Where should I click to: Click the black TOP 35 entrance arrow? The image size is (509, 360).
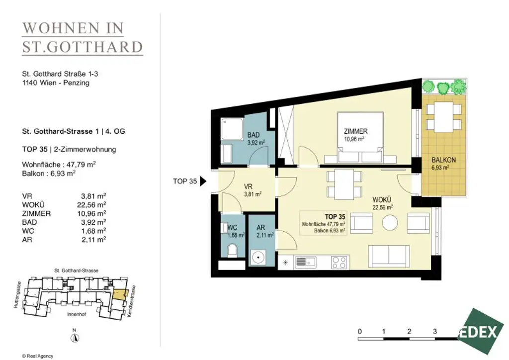pyautogui.click(x=203, y=181)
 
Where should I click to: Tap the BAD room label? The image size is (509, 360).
pyautogui.click(x=254, y=135)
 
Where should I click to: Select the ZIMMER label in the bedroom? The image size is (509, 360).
pyautogui.click(x=356, y=131)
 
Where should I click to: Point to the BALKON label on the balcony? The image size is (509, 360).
pyautogui.click(x=443, y=160)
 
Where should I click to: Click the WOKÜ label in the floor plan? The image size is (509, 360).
pyautogui.click(x=381, y=199)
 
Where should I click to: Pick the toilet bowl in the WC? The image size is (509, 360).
pyautogui.click(x=233, y=251)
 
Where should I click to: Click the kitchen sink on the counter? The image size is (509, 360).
pyautogui.click(x=306, y=262)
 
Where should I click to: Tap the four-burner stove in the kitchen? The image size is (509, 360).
pyautogui.click(x=339, y=262)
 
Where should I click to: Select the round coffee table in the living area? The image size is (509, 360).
pyautogui.click(x=390, y=223)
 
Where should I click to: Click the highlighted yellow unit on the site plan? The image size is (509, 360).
pyautogui.click(x=120, y=294)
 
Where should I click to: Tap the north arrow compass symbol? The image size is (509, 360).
pyautogui.click(x=75, y=337)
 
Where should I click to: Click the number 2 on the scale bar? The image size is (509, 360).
pyautogui.click(x=409, y=332)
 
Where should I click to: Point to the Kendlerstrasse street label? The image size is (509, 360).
pyautogui.click(x=131, y=301)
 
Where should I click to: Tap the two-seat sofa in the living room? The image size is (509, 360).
pyautogui.click(x=389, y=256)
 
